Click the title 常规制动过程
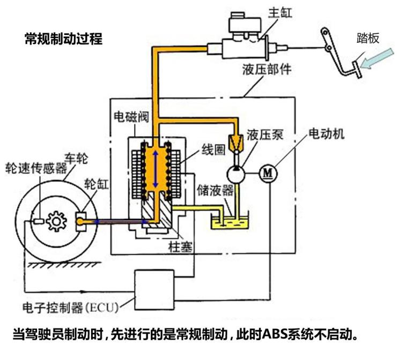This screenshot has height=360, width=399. coord(63,39)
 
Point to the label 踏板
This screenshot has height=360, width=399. coord(368,38)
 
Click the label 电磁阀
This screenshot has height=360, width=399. coord(131,116)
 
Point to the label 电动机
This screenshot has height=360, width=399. coord(327,133)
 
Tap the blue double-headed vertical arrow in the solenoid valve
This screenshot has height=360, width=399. coord(156,169)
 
